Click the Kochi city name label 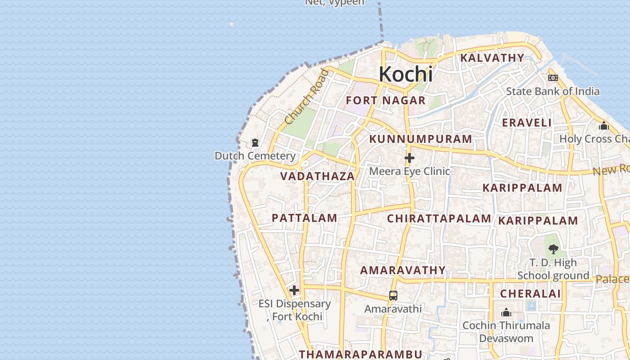(x=405, y=74)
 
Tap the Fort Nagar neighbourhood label (x=386, y=100)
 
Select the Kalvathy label (x=492, y=58)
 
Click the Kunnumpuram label (x=421, y=139)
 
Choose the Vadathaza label (x=318, y=176)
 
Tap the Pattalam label (x=304, y=218)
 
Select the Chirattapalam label (x=439, y=219)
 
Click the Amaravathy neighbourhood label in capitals (x=403, y=270)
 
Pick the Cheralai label (x=531, y=294)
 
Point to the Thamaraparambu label (x=360, y=354)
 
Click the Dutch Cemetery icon (x=255, y=143)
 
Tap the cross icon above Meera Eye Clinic (x=409, y=158)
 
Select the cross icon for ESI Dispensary (x=294, y=290)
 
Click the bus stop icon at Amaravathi (x=393, y=296)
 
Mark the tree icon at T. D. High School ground (x=553, y=248)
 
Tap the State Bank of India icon (x=553, y=78)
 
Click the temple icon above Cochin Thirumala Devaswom (x=506, y=312)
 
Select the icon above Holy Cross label (x=603, y=126)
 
